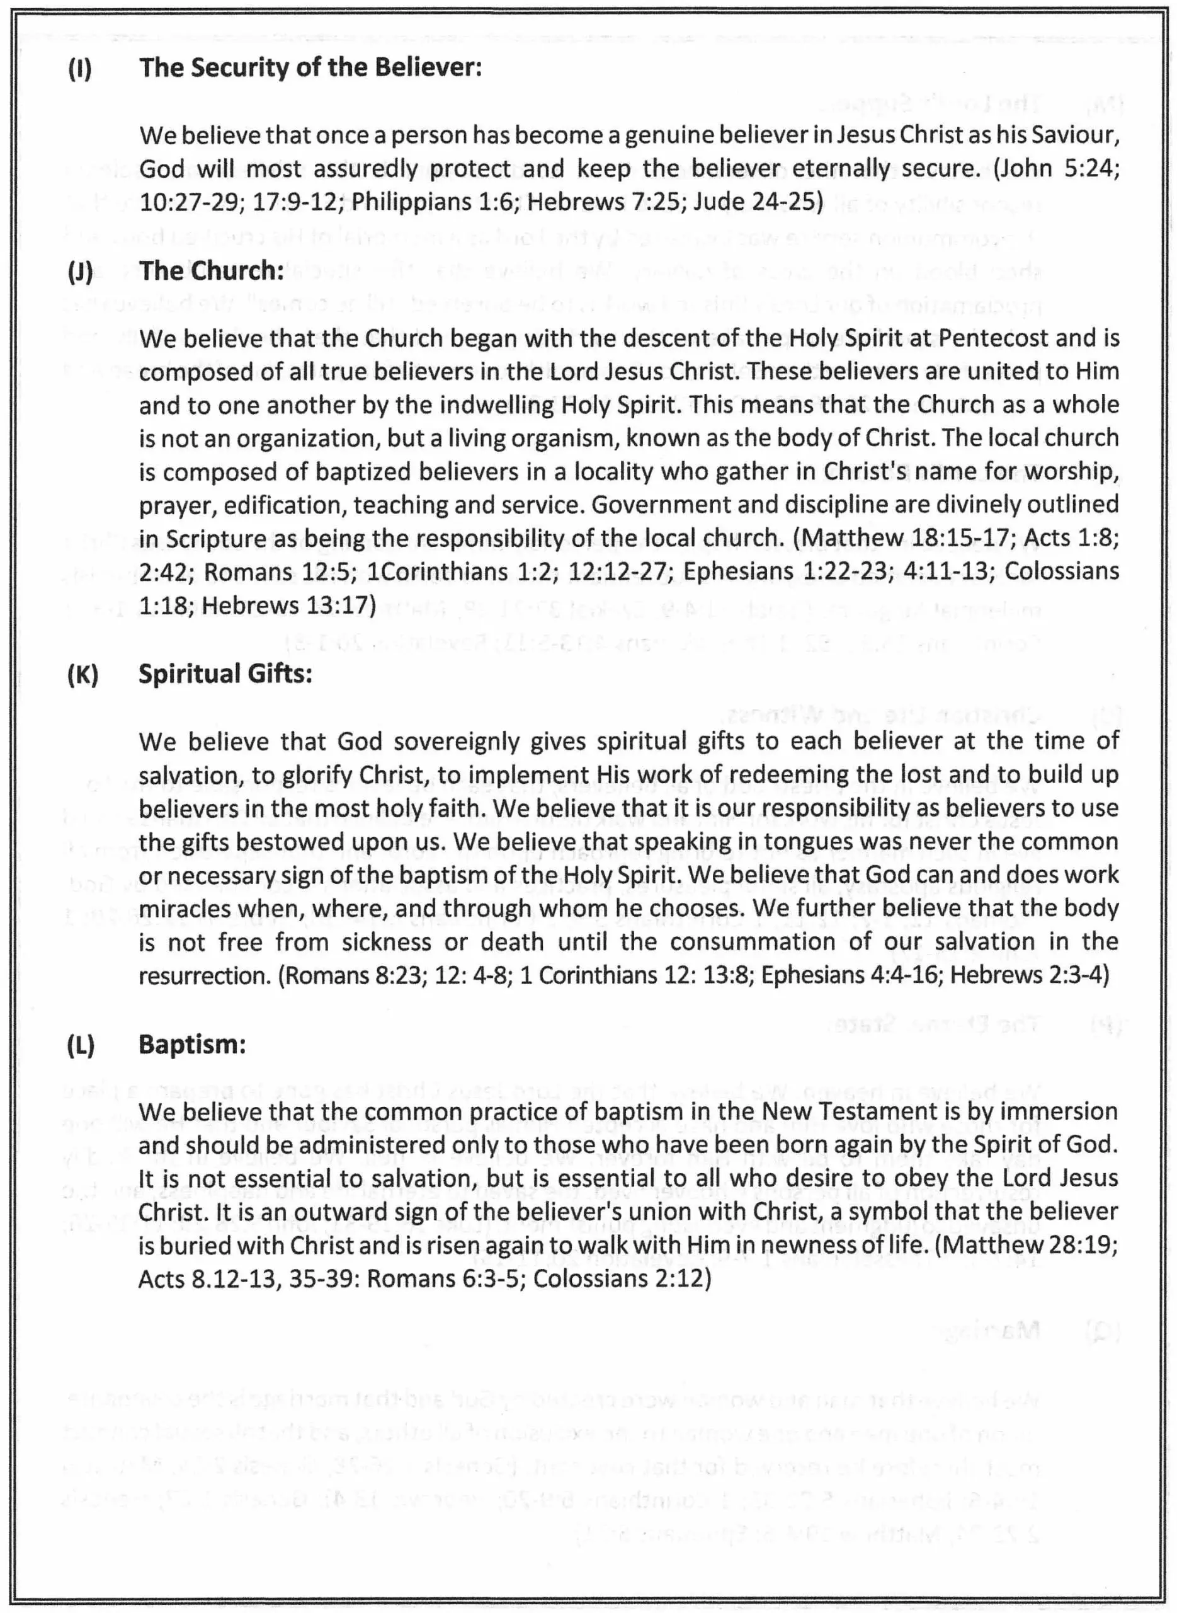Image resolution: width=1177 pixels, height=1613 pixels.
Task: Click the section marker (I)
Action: [80, 69]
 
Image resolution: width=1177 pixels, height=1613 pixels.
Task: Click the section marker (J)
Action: [80, 272]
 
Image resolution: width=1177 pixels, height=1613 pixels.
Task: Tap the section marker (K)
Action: [82, 674]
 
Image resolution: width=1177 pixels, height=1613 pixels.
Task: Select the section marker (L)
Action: [80, 1045]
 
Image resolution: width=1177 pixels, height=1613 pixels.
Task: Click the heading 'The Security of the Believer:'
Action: [310, 67]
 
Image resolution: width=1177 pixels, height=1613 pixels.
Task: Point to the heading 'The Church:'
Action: [211, 271]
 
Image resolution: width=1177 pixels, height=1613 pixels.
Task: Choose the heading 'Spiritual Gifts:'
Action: [225, 674]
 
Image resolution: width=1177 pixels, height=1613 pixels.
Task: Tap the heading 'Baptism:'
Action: [191, 1044]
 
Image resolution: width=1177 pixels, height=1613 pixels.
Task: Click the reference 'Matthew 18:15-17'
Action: [907, 538]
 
